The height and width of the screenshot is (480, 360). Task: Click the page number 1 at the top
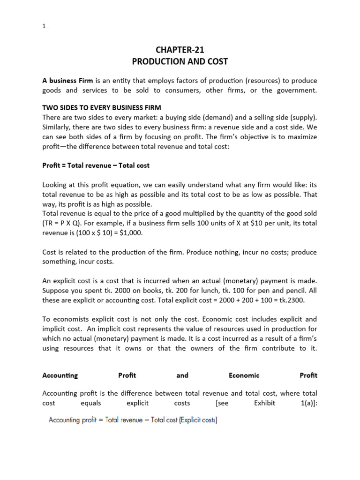point(44,27)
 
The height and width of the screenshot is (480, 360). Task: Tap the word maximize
point(300,137)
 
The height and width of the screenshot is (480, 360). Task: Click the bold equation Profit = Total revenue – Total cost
point(96,166)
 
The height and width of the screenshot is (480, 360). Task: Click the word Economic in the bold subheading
point(244,375)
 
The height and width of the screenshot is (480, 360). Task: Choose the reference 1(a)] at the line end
point(307,403)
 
